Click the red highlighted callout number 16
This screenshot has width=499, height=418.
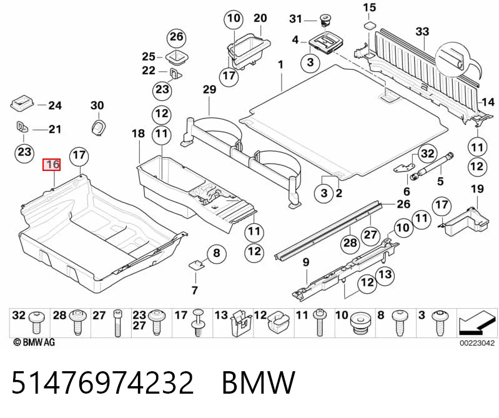point(52,165)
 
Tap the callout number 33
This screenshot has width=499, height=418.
point(422,31)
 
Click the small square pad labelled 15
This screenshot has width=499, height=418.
point(370,26)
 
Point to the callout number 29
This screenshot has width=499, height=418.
point(209,89)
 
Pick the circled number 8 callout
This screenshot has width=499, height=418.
point(217,253)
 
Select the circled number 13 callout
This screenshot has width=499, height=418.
point(385,275)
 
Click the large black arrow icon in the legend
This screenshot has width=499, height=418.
point(477,323)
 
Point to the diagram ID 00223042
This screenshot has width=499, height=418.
point(477,343)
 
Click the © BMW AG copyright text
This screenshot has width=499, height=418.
point(34,342)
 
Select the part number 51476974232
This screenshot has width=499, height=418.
point(102,382)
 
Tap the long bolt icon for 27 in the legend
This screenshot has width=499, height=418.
point(117,323)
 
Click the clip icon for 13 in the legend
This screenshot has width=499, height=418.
point(240,323)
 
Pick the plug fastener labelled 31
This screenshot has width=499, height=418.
point(325,21)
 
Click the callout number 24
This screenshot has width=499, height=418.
point(55,105)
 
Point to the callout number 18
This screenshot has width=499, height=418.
point(138,134)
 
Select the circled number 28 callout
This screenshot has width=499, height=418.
point(350,243)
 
